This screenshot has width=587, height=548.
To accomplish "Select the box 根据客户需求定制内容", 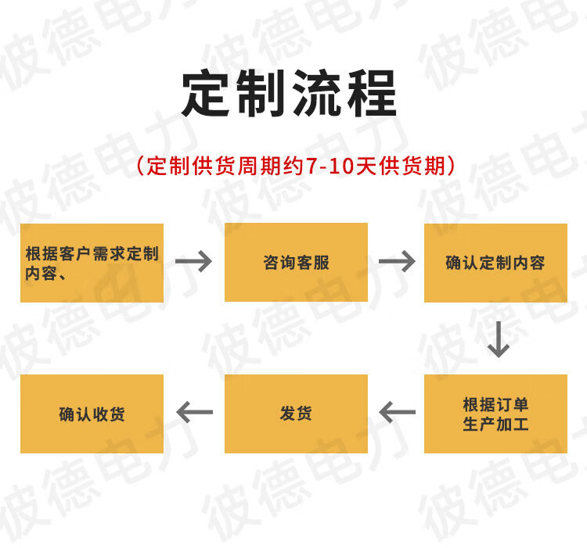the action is tap(92, 263).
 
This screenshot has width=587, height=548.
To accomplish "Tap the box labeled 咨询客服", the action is tap(296, 263).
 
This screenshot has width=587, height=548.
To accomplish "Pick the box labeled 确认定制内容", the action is tap(495, 263).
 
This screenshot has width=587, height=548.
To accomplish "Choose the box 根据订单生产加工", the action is tap(495, 414).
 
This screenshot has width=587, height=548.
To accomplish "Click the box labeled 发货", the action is tap(296, 414).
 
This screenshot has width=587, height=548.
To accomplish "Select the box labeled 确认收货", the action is tap(92, 414).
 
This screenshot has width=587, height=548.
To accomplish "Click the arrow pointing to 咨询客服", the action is tap(194, 261).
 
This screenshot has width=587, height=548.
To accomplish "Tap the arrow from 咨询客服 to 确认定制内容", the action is tap(397, 261).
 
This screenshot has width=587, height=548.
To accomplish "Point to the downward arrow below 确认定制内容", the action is tap(498, 338).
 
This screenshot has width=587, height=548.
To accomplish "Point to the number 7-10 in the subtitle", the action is tap(327, 167).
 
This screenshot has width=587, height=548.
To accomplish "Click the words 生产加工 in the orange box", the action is tap(495, 424).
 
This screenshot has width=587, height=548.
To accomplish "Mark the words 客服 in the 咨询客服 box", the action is tap(312, 263).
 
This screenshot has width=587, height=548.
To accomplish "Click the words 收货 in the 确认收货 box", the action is tap(109, 414).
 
